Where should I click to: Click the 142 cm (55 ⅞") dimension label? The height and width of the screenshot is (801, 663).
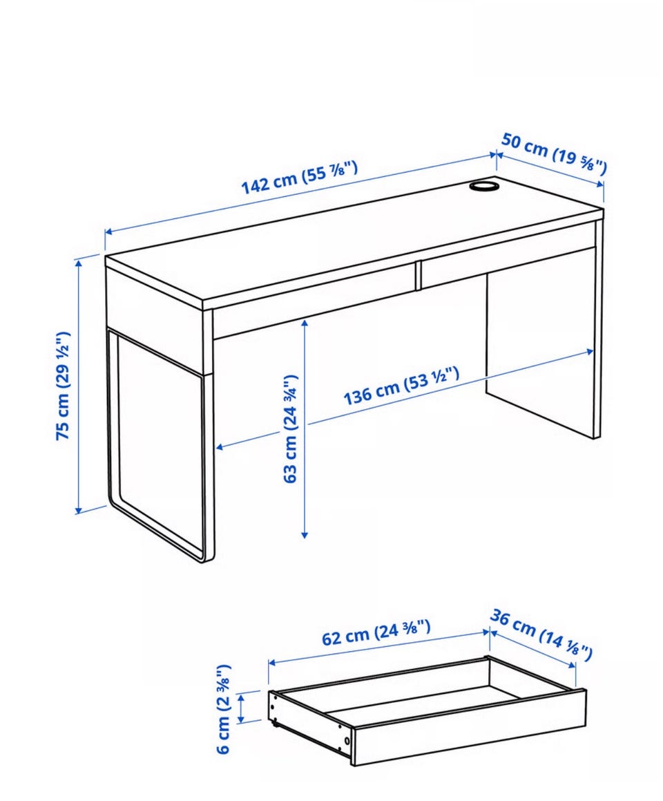coord(299,177)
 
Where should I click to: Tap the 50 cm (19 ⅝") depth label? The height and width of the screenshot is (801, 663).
coord(554,153)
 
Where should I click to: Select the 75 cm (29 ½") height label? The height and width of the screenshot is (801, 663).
coord(63,386)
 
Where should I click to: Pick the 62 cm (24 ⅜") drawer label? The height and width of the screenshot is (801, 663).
coord(376,632)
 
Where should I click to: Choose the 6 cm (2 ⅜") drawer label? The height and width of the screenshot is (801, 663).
coord(224,709)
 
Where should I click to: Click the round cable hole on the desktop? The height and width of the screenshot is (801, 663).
coord(483,186)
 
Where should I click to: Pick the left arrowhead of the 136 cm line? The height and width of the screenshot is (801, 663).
coord(220,448)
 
